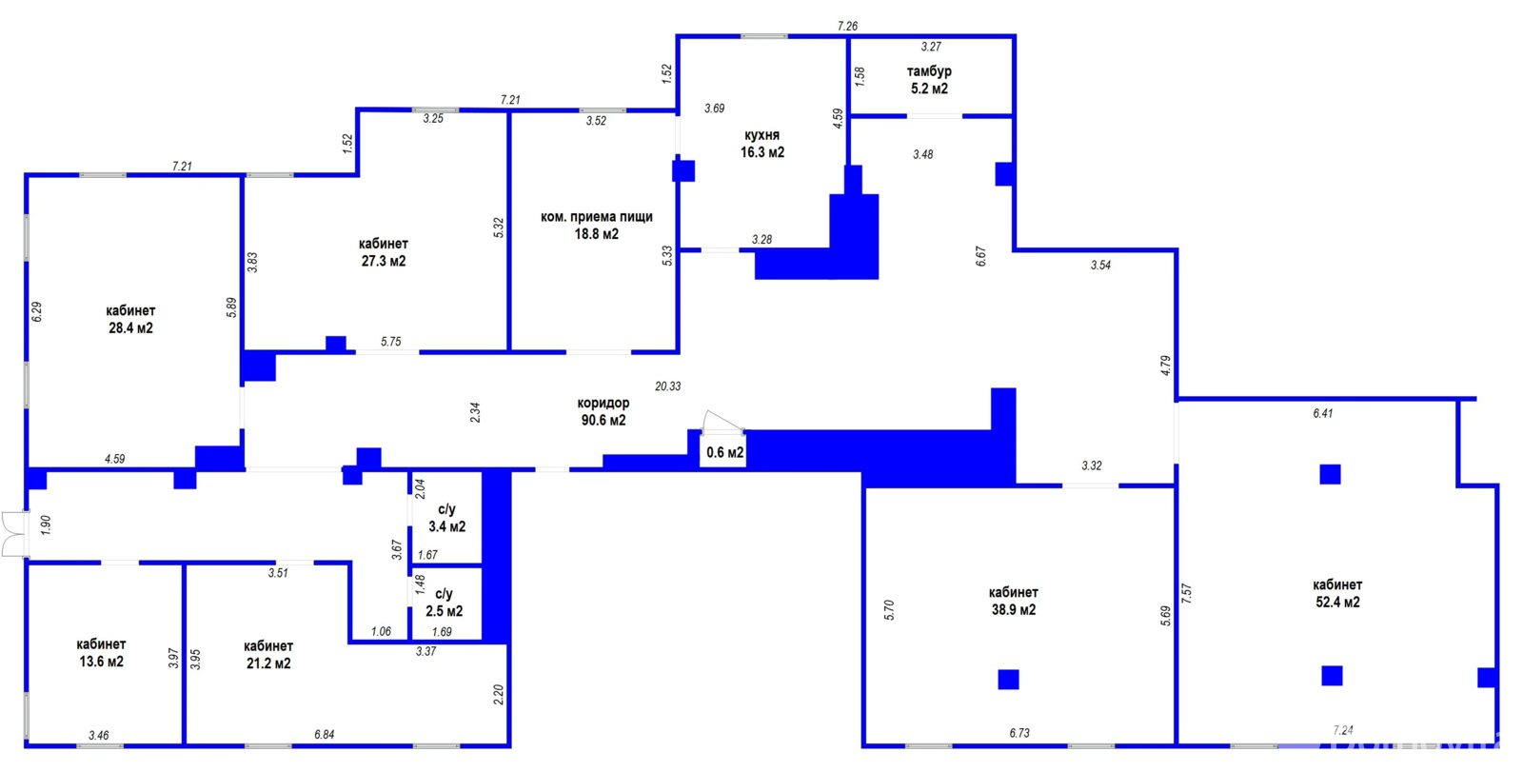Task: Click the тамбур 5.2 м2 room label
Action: pyautogui.click(x=929, y=80)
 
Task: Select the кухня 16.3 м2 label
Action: pyautogui.click(x=762, y=144)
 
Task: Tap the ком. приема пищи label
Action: pyautogui.click(x=596, y=217)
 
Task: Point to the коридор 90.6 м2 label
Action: pyautogui.click(x=603, y=411)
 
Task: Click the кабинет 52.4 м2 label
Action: pyautogui.click(x=1337, y=593)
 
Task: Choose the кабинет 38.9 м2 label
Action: pyautogui.click(x=1013, y=602)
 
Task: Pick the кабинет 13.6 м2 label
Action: pyautogui.click(x=101, y=653)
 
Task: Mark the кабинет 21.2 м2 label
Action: pyautogui.click(x=268, y=654)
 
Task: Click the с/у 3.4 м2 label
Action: pyautogui.click(x=446, y=518)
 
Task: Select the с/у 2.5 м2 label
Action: pyautogui.click(x=444, y=603)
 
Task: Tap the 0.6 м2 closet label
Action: pyautogui.click(x=724, y=452)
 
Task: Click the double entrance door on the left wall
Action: pyautogui.click(x=13, y=535)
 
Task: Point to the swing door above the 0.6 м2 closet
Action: pyautogui.click(x=722, y=422)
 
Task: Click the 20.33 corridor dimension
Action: pyautogui.click(x=667, y=386)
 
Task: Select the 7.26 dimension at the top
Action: pyautogui.click(x=847, y=26)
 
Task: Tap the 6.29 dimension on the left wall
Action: pyautogui.click(x=37, y=311)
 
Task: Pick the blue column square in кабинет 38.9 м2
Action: pyautogui.click(x=1008, y=679)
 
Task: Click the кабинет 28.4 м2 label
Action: pyautogui.click(x=130, y=319)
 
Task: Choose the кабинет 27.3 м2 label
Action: pyautogui.click(x=384, y=251)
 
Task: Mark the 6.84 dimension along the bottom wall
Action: pyautogui.click(x=325, y=734)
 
